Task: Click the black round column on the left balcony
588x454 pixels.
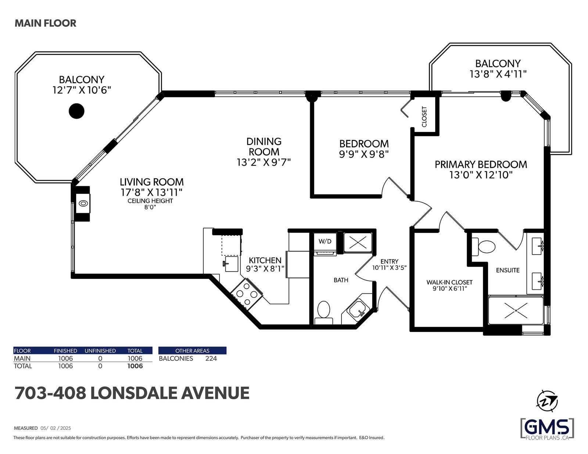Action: coord(76,111)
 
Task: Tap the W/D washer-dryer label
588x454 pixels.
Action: coord(325,241)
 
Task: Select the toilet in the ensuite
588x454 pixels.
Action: coord(484,246)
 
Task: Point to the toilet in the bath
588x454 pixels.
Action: coord(324,312)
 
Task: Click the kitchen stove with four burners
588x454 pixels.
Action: coord(247,293)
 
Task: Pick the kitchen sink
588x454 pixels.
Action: coord(231,264)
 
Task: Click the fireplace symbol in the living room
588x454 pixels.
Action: coord(83,203)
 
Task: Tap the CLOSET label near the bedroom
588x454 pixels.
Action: coord(424,117)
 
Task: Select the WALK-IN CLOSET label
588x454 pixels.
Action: coord(449,282)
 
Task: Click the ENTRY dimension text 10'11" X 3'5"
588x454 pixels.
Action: coord(390,268)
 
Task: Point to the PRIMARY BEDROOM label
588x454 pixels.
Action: coord(481,165)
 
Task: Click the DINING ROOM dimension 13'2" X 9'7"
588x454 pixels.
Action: coord(264,162)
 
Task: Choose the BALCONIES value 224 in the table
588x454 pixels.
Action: coord(211,358)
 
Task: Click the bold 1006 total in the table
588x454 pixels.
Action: coord(135,366)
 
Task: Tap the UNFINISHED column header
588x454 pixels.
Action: coord(100,351)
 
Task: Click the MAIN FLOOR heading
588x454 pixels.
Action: coord(46,23)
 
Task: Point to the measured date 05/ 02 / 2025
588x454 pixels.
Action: coord(56,428)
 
